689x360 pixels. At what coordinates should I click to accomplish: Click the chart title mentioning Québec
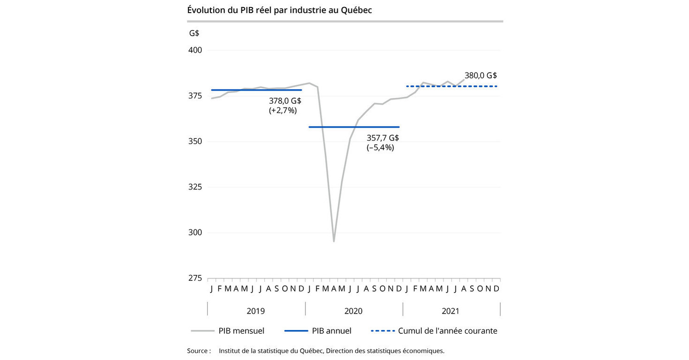pyautogui.click(x=279, y=10)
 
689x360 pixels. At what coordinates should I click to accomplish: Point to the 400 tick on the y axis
pyautogui.click(x=195, y=50)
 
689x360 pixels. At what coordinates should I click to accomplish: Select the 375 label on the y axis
pyautogui.click(x=195, y=96)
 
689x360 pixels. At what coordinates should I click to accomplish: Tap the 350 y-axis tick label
pyautogui.click(x=195, y=141)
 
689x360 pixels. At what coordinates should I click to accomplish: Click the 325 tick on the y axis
pyautogui.click(x=195, y=187)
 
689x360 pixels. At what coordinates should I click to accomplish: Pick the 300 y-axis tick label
pyautogui.click(x=195, y=232)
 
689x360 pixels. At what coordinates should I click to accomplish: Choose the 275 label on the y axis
pyautogui.click(x=195, y=278)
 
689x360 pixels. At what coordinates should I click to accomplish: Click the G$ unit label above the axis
pyautogui.click(x=194, y=33)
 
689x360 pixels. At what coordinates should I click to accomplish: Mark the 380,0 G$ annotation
pyautogui.click(x=480, y=75)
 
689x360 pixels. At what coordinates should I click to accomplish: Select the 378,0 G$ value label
pyautogui.click(x=285, y=100)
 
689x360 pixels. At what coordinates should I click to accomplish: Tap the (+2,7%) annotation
pyautogui.click(x=283, y=110)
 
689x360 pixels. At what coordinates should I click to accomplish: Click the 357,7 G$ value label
pyautogui.click(x=382, y=138)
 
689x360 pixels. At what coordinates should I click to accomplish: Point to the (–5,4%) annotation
pyautogui.click(x=380, y=147)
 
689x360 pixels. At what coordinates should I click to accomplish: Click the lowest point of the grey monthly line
pyautogui.click(x=334, y=241)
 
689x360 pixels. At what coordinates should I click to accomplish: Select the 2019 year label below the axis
pyautogui.click(x=255, y=311)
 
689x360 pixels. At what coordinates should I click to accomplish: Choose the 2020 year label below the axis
pyautogui.click(x=353, y=311)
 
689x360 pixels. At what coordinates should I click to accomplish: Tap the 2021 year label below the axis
pyautogui.click(x=450, y=311)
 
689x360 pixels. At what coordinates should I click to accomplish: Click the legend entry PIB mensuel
pyautogui.click(x=241, y=331)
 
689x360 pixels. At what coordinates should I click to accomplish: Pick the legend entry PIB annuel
pyautogui.click(x=331, y=331)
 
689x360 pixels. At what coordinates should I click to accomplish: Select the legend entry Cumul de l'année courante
pyautogui.click(x=447, y=331)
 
